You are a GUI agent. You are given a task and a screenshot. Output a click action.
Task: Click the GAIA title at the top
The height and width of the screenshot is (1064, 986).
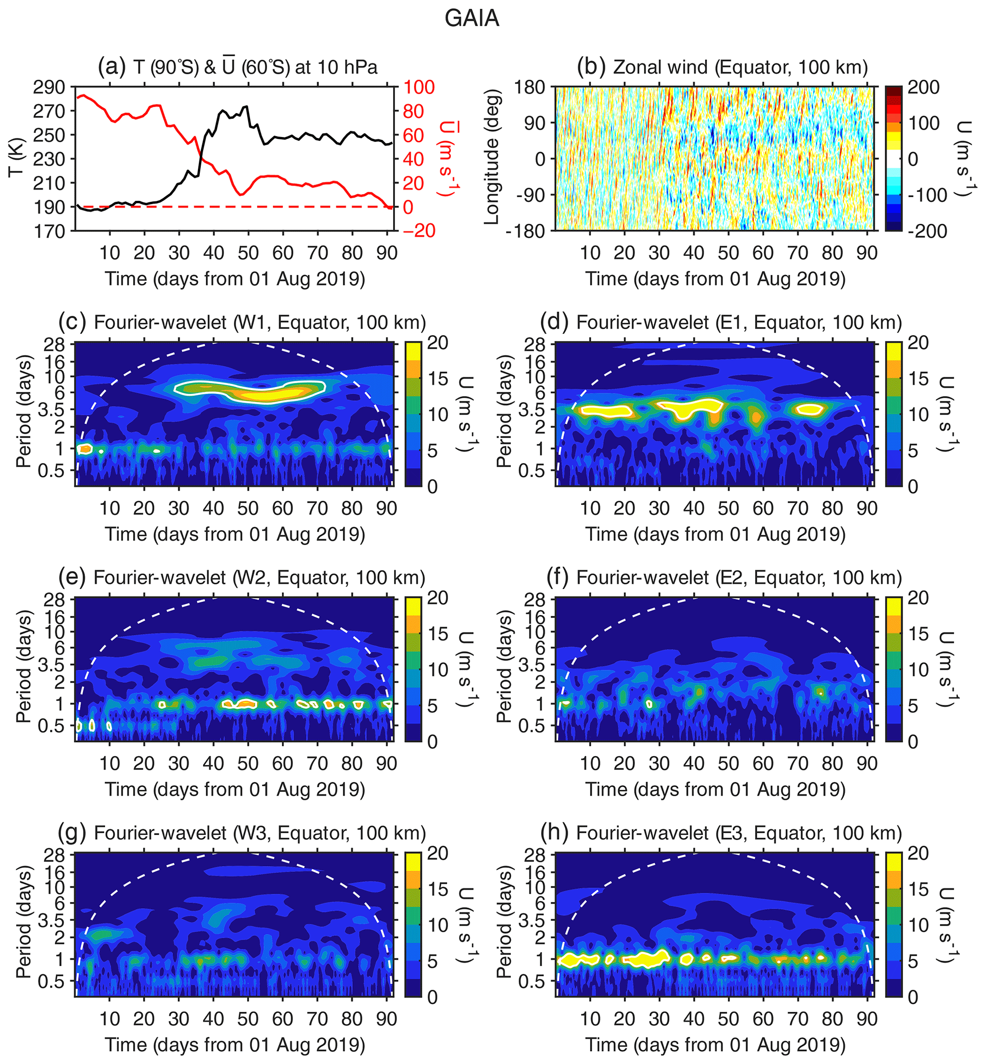point(472,19)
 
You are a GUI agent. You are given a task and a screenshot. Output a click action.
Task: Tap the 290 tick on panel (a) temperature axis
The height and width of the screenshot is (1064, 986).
point(49,87)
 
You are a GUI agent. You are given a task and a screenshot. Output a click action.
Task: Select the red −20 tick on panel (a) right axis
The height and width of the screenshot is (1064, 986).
point(419,231)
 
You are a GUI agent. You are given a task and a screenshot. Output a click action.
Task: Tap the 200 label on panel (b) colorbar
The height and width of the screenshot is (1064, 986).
point(924,87)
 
